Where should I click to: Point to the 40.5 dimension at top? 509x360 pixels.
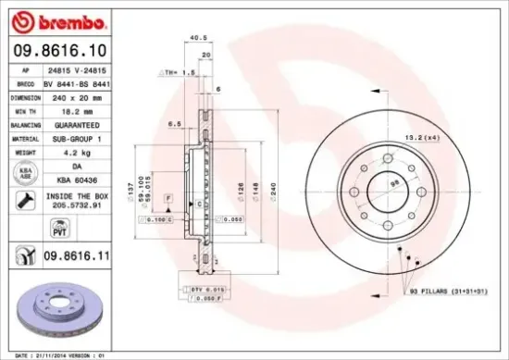tap(196, 39)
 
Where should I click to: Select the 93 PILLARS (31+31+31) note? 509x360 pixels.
tap(450, 293)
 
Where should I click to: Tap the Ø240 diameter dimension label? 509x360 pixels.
tap(273, 192)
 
